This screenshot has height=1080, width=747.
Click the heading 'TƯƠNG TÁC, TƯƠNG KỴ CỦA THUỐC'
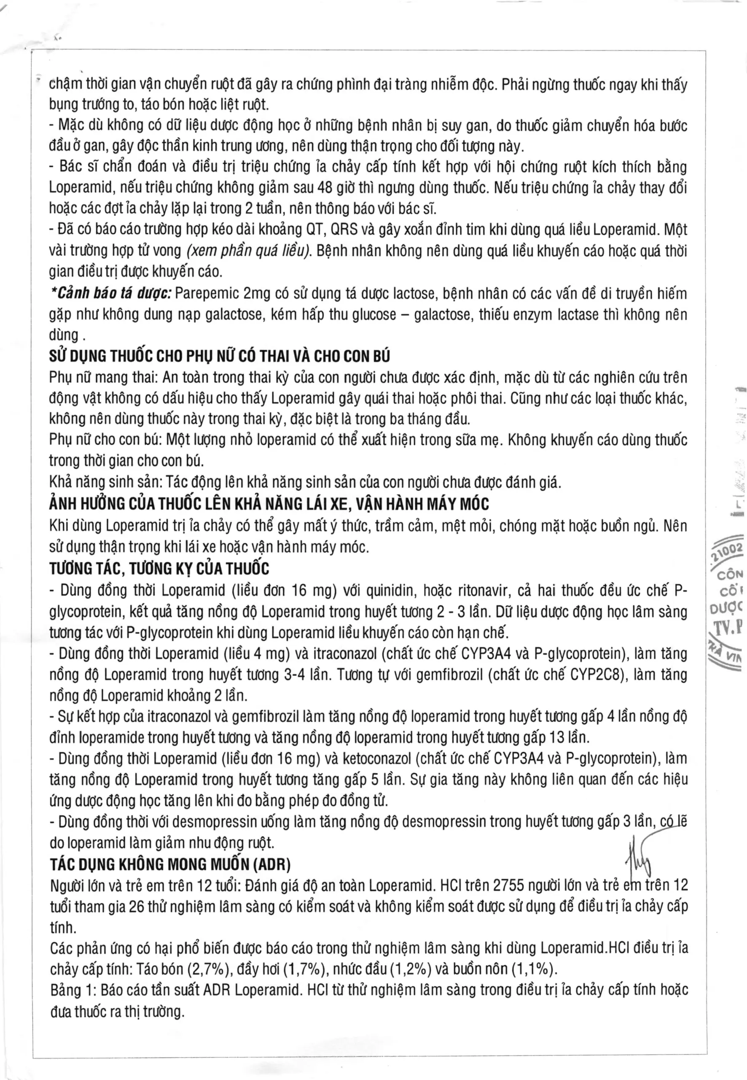pyautogui.click(x=159, y=569)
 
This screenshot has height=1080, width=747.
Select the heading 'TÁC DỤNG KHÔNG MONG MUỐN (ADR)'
pyautogui.click(x=170, y=864)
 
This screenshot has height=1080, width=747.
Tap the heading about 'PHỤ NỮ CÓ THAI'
pyautogui.click(x=219, y=357)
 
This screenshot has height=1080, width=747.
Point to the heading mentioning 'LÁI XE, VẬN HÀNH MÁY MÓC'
pyautogui.click(x=269, y=505)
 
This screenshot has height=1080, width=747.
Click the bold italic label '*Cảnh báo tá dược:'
pyautogui.click(x=111, y=294)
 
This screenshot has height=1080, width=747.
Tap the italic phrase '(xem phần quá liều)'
pyautogui.click(x=249, y=251)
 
